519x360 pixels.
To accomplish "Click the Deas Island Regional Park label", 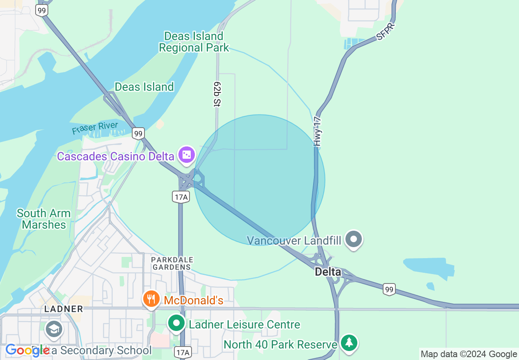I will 194,42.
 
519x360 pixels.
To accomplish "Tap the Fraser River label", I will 95,128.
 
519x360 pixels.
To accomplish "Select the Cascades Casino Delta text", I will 115,156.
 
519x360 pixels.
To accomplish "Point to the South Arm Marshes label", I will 44,219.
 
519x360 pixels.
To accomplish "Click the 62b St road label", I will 217,94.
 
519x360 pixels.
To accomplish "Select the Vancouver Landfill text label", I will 294,240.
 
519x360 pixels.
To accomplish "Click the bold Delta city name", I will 328,271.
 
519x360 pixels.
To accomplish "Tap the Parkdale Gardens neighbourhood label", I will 172,263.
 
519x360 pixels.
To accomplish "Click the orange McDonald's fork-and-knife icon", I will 151,299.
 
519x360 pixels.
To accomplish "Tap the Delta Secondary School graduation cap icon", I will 54,329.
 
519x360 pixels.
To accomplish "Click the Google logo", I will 27,350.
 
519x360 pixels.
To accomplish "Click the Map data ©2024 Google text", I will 469,354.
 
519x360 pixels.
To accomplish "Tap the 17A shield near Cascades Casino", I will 181,197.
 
